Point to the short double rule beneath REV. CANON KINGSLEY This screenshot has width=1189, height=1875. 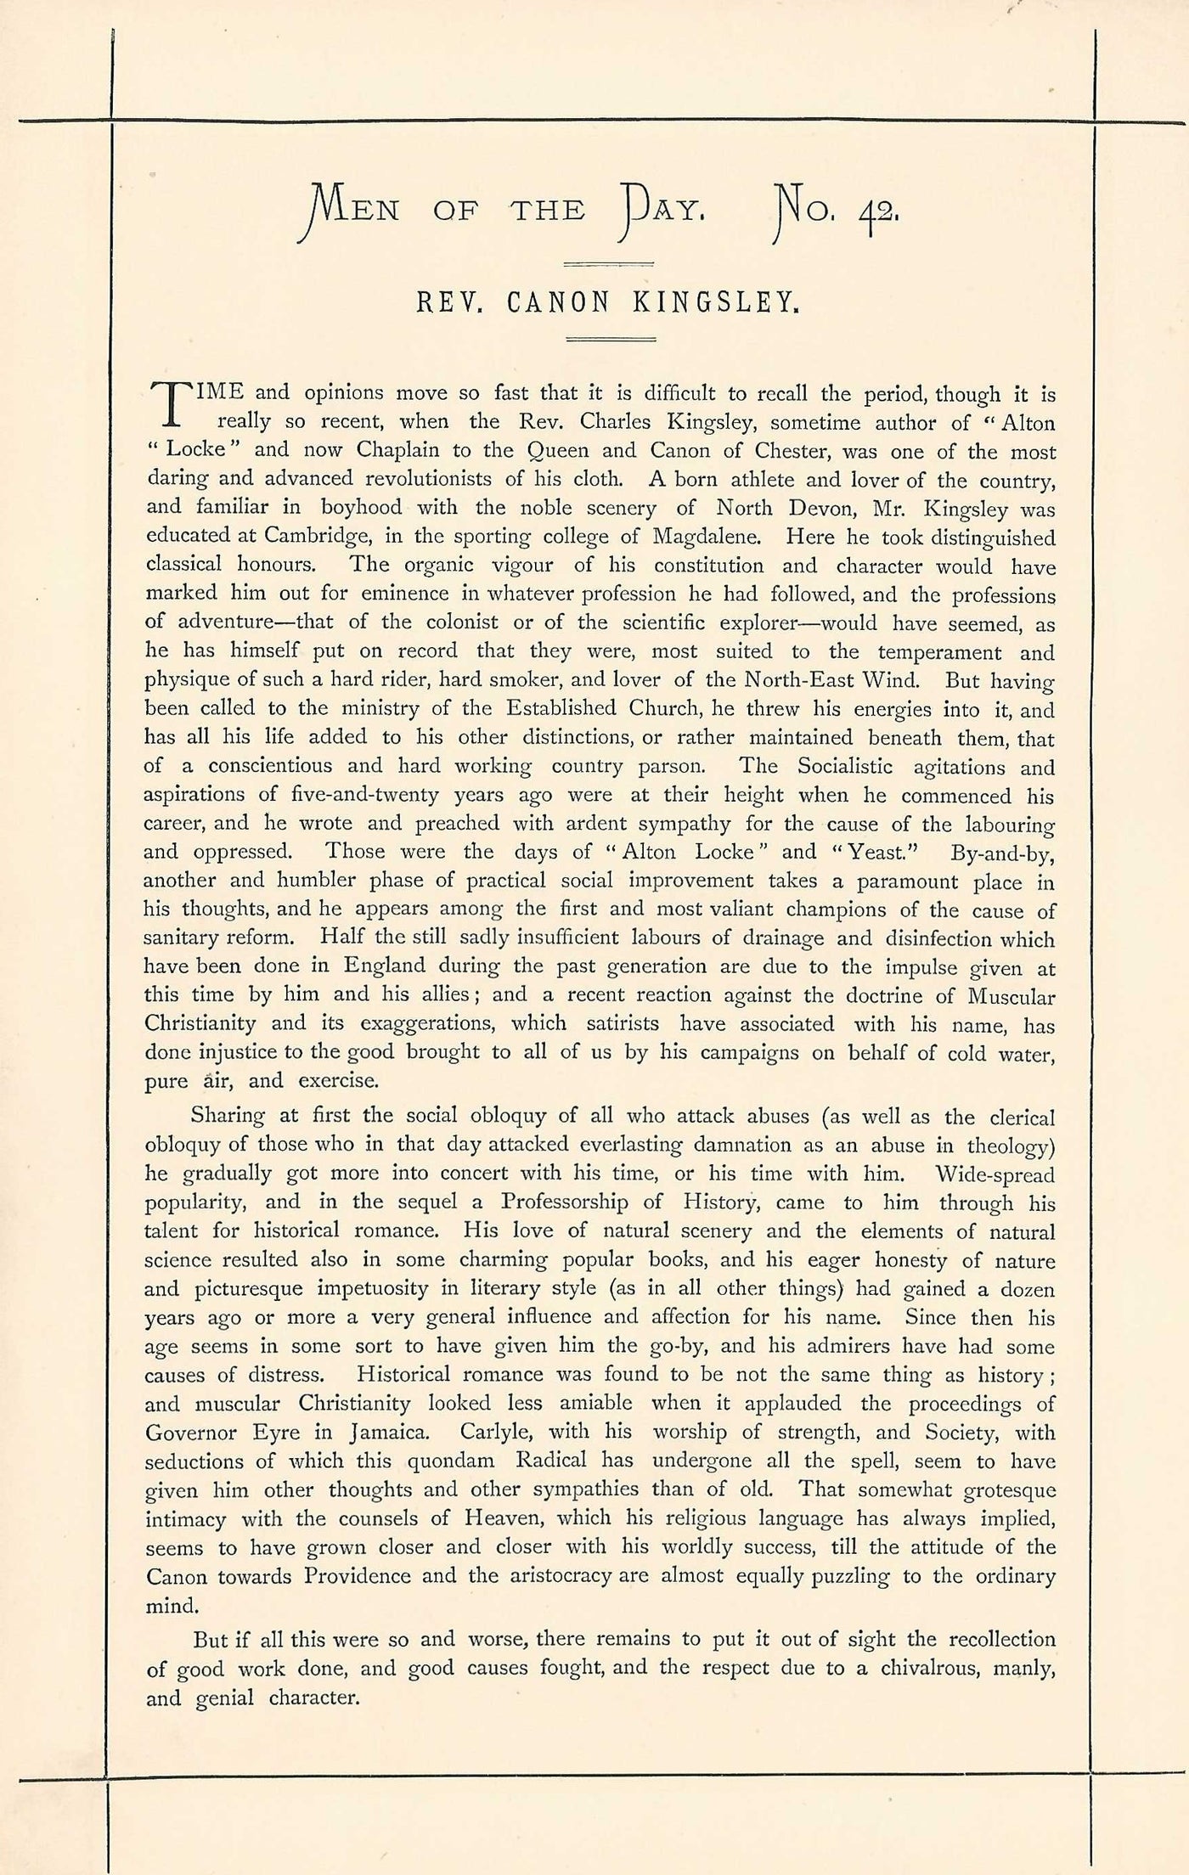pos(611,340)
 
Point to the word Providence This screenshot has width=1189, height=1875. pos(331,1576)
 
